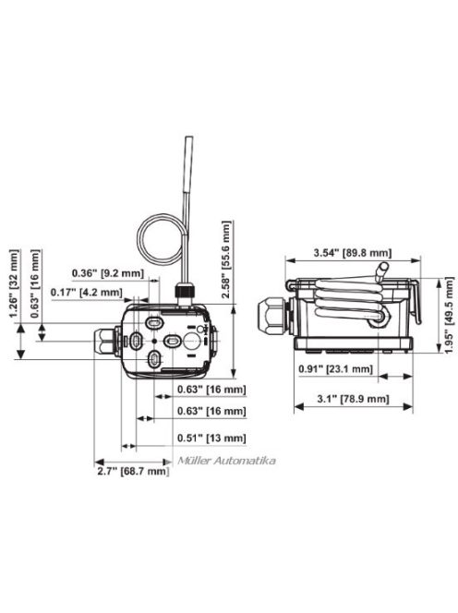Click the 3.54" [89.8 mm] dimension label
pos(352,252)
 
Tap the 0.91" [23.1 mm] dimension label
pos(335,368)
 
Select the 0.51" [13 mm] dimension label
pos(211,438)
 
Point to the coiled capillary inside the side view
pos(352,305)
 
